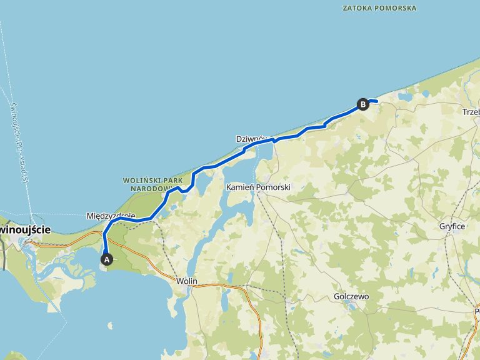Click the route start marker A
click(106, 258)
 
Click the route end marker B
click(362, 104)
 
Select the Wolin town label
click(187, 281)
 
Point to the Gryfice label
click(452, 226)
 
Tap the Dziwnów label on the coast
click(251, 138)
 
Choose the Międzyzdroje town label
click(111, 216)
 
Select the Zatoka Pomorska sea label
click(380, 8)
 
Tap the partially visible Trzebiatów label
click(470, 112)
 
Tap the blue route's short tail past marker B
click(374, 101)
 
